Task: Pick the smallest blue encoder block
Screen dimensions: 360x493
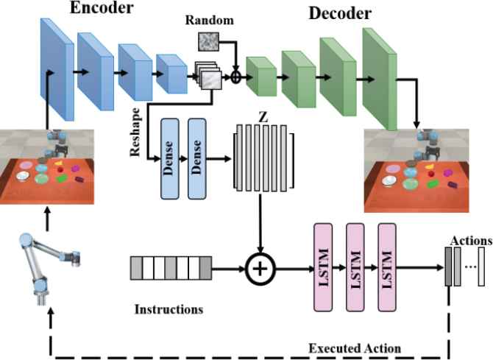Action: point(171,74)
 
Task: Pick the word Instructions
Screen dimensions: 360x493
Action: point(169,309)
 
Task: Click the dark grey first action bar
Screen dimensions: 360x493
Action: point(447,266)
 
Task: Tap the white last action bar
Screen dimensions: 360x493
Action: point(482,266)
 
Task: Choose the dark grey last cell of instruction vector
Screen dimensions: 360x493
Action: point(205,267)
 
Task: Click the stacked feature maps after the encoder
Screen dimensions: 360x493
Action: point(209,77)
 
